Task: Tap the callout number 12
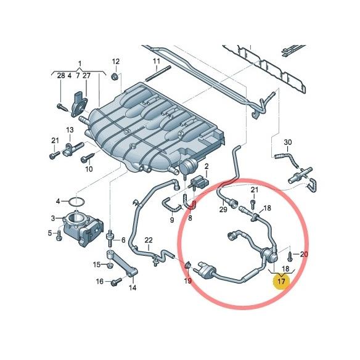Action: [x=115, y=62]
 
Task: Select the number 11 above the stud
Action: [x=157, y=62]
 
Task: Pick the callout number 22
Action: [x=148, y=239]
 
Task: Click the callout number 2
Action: [x=207, y=167]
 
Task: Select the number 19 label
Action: [x=189, y=280]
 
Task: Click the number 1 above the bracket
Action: [x=80, y=63]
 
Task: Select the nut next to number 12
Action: [x=115, y=76]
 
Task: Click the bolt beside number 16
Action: [x=115, y=283]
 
